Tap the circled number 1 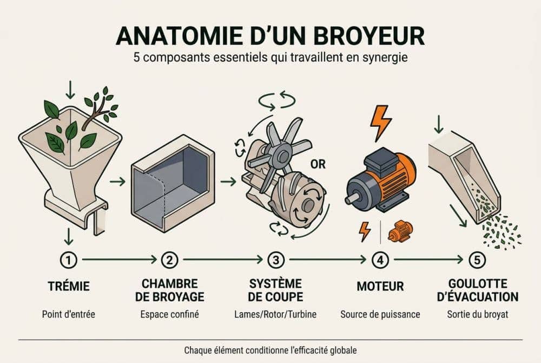pos(68,260)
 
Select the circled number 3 pos(276,260)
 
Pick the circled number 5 pos(476,260)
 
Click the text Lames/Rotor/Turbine pos(276,314)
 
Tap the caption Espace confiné pos(169,314)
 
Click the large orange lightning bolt pos(380,122)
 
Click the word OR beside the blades pos(319,164)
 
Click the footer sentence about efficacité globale pos(270,349)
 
